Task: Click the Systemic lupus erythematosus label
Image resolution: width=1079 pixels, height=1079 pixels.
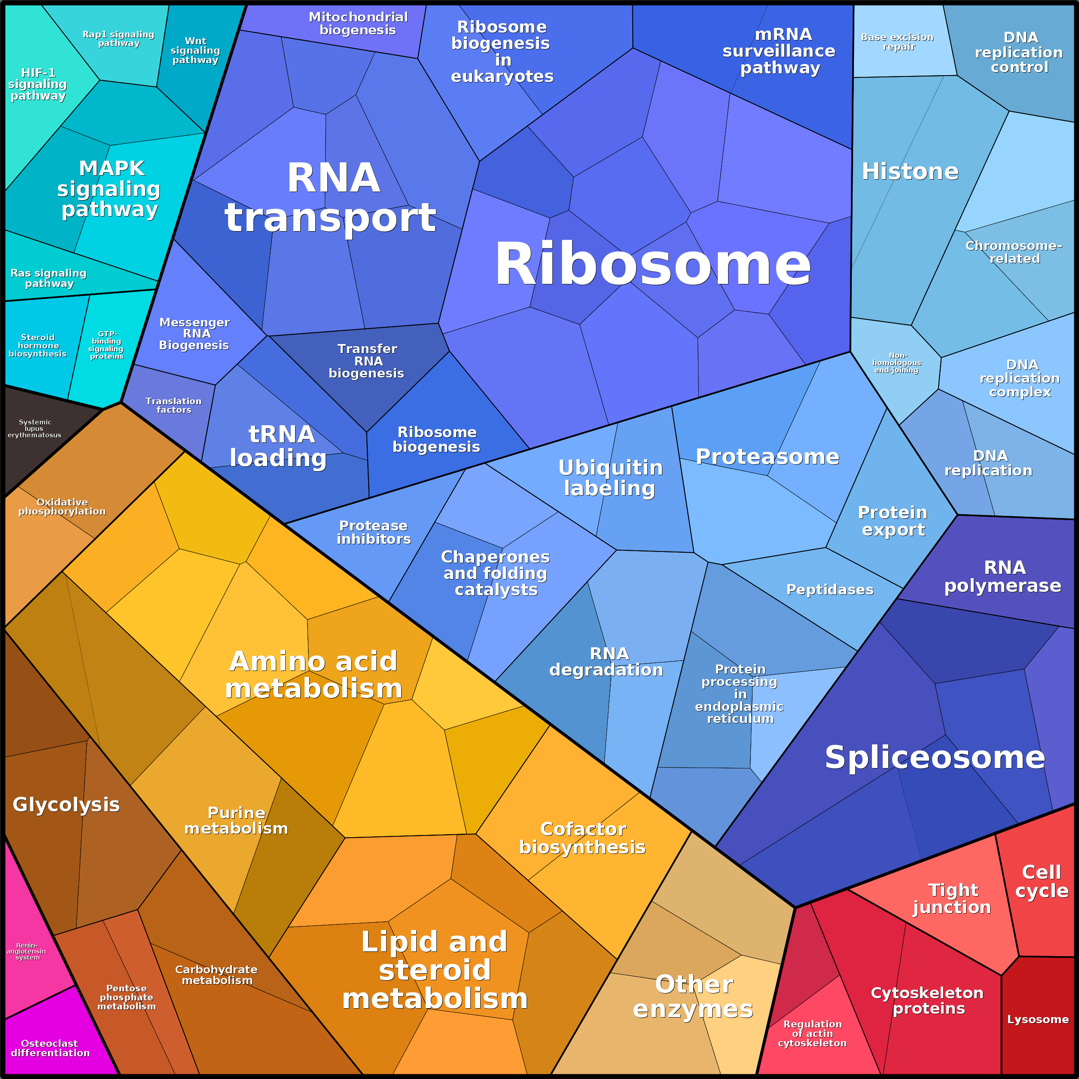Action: click(35, 428)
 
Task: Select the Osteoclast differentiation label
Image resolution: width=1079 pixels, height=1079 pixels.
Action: click(50, 1048)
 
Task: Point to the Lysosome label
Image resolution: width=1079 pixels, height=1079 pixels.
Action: click(1038, 1019)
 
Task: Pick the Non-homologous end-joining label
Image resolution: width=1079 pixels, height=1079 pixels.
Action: click(897, 363)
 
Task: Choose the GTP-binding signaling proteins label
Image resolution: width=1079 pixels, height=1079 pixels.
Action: click(106, 344)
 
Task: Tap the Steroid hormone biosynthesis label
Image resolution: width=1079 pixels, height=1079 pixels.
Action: click(37, 345)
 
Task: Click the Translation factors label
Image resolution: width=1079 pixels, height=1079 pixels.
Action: click(174, 405)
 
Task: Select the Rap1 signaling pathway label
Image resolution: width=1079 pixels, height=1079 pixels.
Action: click(119, 39)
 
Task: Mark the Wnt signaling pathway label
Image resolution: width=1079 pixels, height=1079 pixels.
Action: click(195, 50)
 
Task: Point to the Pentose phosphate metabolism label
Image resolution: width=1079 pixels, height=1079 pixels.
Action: click(127, 997)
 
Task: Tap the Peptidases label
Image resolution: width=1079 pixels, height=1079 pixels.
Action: click(830, 589)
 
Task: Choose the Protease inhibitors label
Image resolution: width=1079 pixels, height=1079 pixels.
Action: click(374, 532)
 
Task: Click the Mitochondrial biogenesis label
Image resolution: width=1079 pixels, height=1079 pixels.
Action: click(358, 24)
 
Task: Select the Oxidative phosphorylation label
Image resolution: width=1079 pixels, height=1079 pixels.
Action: click(62, 506)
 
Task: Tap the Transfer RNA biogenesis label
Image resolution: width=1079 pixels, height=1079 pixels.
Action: click(367, 361)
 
